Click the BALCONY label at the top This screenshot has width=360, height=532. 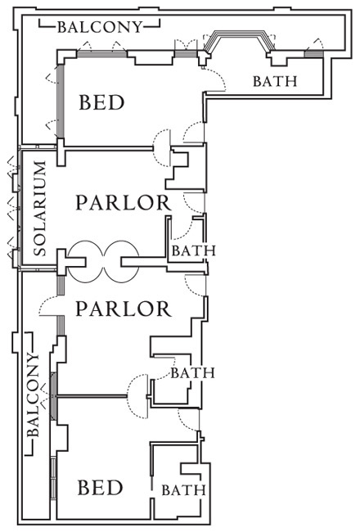[100, 27]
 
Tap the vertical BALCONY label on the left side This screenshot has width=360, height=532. [34, 395]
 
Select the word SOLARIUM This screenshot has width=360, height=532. [40, 209]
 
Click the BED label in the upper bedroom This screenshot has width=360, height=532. [101, 102]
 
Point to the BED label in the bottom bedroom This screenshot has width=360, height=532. [100, 488]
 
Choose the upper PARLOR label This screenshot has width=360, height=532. [124, 203]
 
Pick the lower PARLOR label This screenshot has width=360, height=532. [124, 309]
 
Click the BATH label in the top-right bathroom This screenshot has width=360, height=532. [275, 81]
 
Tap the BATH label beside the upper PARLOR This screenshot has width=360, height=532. [194, 250]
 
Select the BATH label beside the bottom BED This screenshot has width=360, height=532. [183, 490]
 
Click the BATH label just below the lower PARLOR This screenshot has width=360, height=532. [192, 373]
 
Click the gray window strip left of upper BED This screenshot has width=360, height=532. [61, 101]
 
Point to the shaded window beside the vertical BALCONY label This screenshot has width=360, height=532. [53, 396]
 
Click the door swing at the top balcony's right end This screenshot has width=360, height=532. [318, 43]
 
